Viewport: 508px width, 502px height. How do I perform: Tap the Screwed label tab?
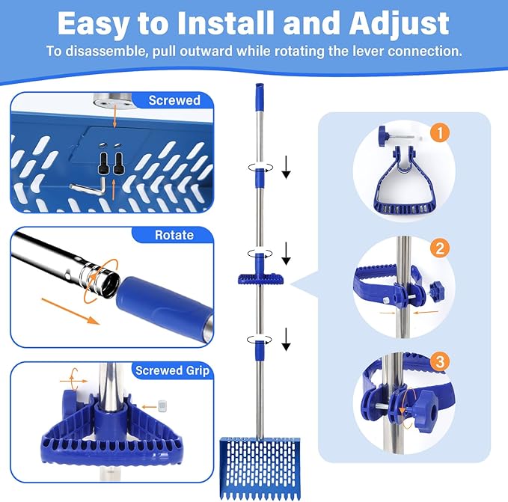(174, 101)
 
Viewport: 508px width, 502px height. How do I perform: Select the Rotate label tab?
(174, 235)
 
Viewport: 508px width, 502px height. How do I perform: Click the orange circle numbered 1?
(441, 133)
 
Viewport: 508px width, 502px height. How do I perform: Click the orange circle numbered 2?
(441, 248)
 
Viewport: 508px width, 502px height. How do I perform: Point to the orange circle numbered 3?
(441, 362)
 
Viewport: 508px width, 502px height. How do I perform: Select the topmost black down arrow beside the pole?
(286, 171)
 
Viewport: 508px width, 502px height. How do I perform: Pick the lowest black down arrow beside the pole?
(286, 343)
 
